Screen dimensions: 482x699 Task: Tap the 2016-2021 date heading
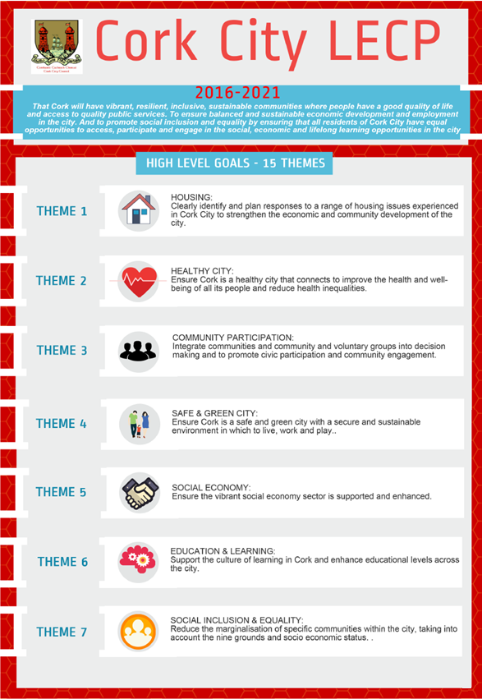click(238, 93)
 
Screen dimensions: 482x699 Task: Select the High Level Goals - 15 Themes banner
click(235, 163)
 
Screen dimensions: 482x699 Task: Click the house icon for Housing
click(138, 210)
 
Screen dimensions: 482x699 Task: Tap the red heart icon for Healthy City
click(138, 281)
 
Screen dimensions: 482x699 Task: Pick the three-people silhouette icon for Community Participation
click(138, 351)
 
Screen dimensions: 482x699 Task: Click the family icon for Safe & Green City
click(138, 424)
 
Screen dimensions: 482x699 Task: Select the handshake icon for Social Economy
click(138, 493)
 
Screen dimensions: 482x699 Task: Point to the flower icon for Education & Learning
click(138, 562)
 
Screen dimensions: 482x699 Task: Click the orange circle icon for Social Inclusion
click(138, 632)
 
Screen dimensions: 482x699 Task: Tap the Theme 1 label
click(62, 212)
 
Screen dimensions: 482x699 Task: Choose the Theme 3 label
click(62, 351)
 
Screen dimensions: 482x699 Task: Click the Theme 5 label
click(62, 493)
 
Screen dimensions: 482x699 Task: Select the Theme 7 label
click(62, 632)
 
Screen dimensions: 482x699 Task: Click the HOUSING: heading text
click(191, 198)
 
